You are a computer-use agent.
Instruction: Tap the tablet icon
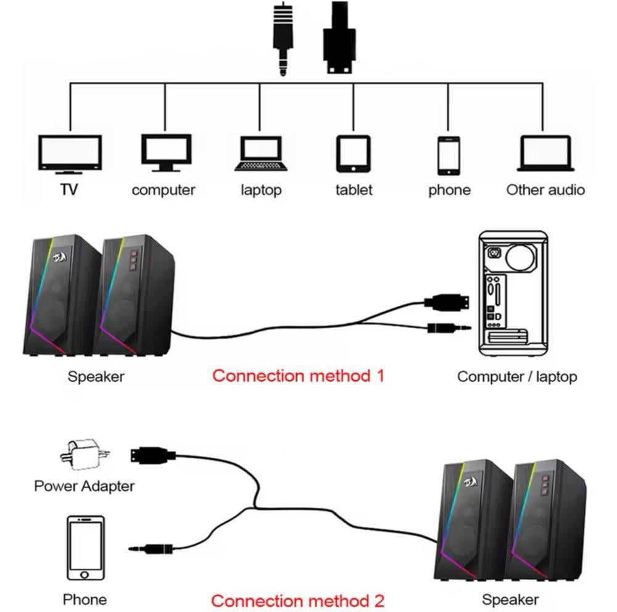(353, 154)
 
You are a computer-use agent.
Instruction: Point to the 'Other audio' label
(545, 190)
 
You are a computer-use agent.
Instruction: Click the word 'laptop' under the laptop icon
(260, 190)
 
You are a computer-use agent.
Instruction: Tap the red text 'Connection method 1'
(298, 375)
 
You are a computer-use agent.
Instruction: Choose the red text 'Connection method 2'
(298, 600)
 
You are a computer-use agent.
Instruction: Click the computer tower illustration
(513, 294)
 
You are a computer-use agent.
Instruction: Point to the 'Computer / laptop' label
(517, 376)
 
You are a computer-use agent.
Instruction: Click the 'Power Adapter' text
(84, 486)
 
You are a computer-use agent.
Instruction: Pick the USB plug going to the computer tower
(447, 302)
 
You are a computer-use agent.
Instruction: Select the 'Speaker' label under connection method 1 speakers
(96, 376)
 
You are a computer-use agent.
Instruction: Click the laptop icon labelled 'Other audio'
(545, 153)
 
